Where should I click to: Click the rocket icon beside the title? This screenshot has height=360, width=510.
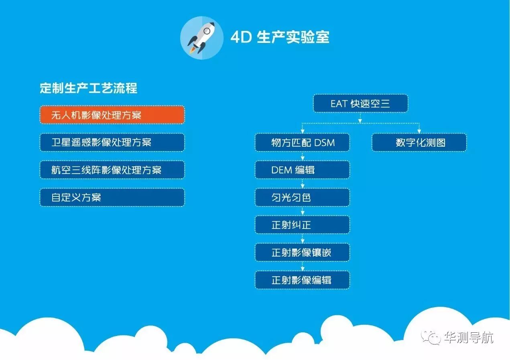pos(202,38)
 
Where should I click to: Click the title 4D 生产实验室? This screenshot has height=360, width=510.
pos(280,37)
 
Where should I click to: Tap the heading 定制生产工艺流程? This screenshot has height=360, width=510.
pos(88,88)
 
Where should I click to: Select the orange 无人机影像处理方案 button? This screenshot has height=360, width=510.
pos(112,115)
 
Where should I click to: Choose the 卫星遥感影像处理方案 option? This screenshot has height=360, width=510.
pos(112,142)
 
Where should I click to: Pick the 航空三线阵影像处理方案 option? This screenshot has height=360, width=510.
pos(112,170)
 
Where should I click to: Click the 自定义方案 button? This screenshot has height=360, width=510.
pos(112,197)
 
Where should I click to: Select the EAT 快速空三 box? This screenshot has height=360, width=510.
pos(360,103)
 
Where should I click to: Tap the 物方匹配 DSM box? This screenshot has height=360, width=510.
pos(302,142)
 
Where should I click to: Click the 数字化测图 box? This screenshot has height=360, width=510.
pos(419,142)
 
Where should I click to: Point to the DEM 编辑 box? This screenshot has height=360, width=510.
pos(302,170)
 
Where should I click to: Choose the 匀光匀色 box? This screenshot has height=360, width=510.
pos(302,197)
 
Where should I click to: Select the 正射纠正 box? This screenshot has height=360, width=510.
pos(302,225)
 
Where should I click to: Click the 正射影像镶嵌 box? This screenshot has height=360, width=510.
pos(302,252)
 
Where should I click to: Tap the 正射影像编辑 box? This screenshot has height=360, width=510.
pos(302,280)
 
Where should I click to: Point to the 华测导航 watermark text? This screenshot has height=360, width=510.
pos(469,338)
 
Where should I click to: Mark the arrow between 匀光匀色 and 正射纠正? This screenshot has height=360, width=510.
pos(303,211)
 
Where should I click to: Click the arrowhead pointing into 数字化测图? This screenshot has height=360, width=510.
pos(419,131)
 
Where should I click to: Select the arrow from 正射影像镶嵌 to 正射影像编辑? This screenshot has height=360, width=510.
pos(303,266)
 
